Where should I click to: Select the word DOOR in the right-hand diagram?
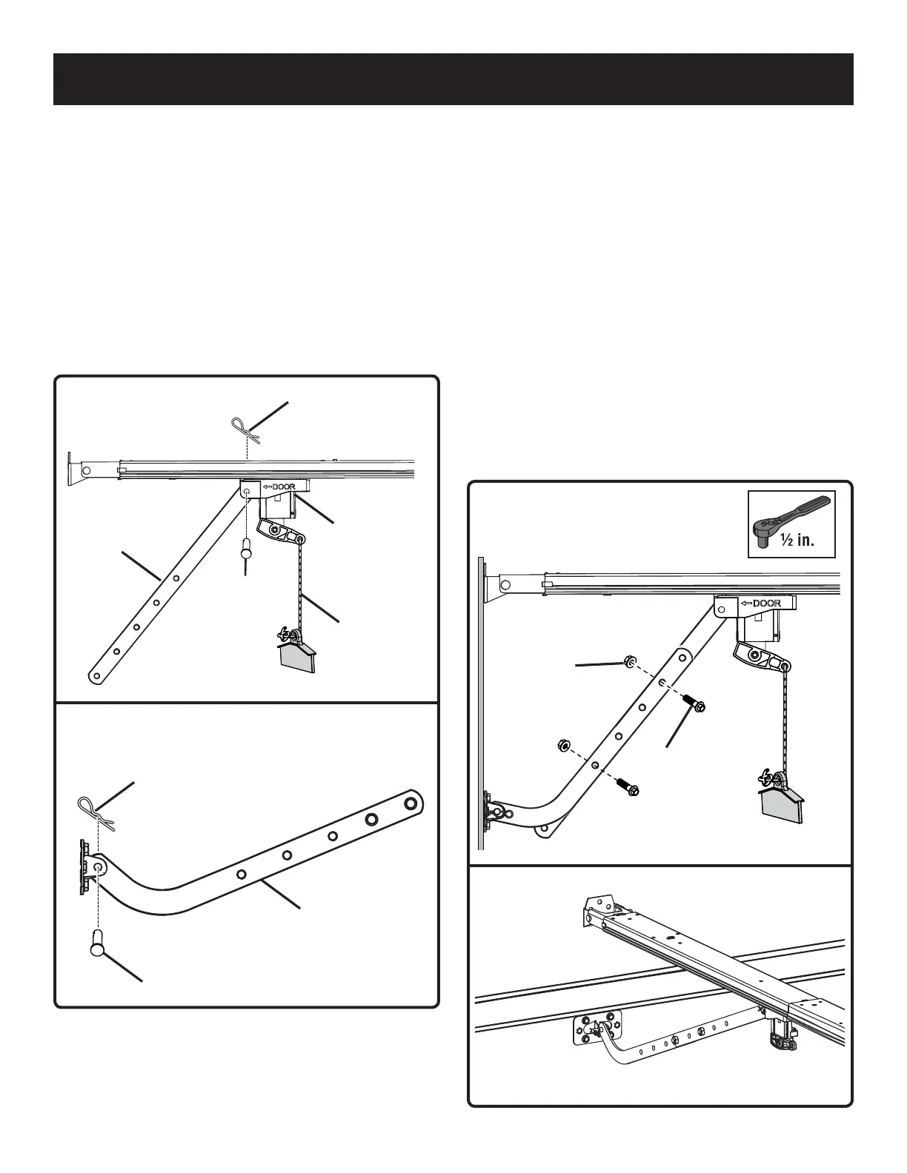[x=766, y=603]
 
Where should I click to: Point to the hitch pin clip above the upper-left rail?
[x=244, y=430]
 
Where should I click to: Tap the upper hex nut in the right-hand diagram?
[x=629, y=661]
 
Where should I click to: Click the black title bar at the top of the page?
[x=453, y=79]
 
